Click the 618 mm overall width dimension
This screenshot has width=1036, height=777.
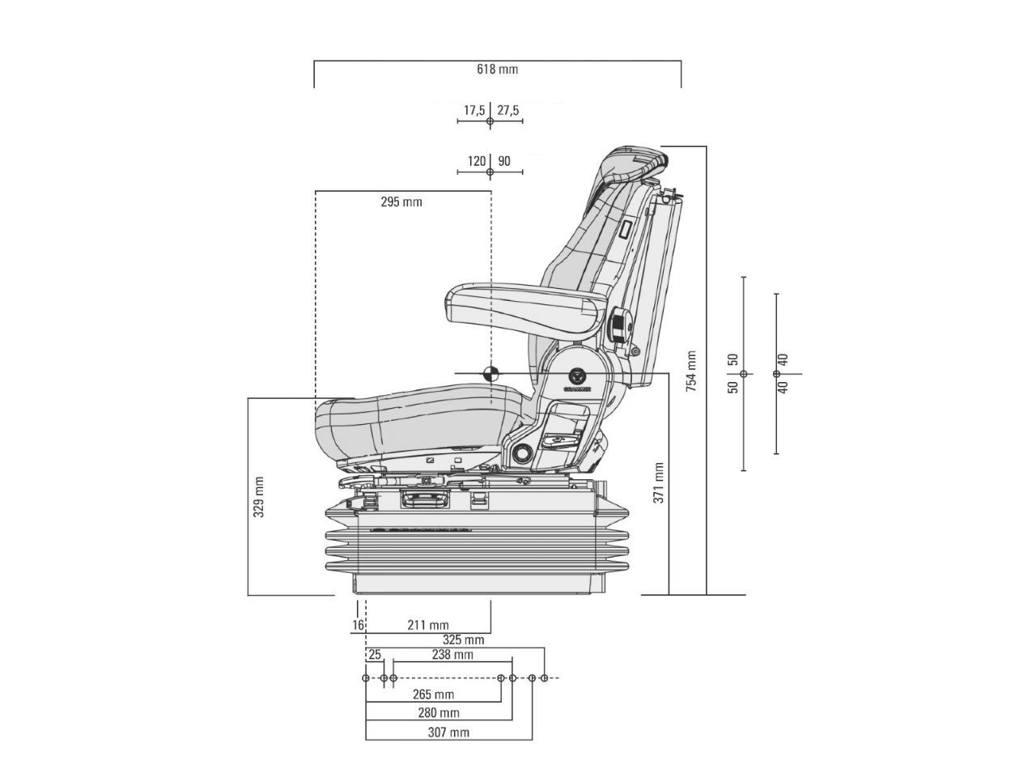pos(497,70)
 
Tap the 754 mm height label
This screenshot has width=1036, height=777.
pos(691,372)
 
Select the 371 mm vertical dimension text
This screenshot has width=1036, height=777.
pos(659,483)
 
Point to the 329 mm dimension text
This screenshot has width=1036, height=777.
pos(259,497)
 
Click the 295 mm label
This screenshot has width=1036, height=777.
pos(401,202)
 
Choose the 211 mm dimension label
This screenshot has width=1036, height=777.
pos(428,625)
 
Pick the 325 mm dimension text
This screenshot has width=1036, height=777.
pos(463,640)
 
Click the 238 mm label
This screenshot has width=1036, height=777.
pos(452,655)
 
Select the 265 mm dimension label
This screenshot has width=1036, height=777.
pos(433,694)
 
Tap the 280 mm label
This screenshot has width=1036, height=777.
pos(439,713)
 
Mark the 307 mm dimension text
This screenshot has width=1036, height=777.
pos(448,732)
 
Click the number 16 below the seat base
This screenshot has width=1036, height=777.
pos(358,625)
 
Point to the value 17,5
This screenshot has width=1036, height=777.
pos(474,110)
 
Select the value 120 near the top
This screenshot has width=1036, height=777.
pos(477,162)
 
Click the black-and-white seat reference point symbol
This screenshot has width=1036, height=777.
pos(490,374)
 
